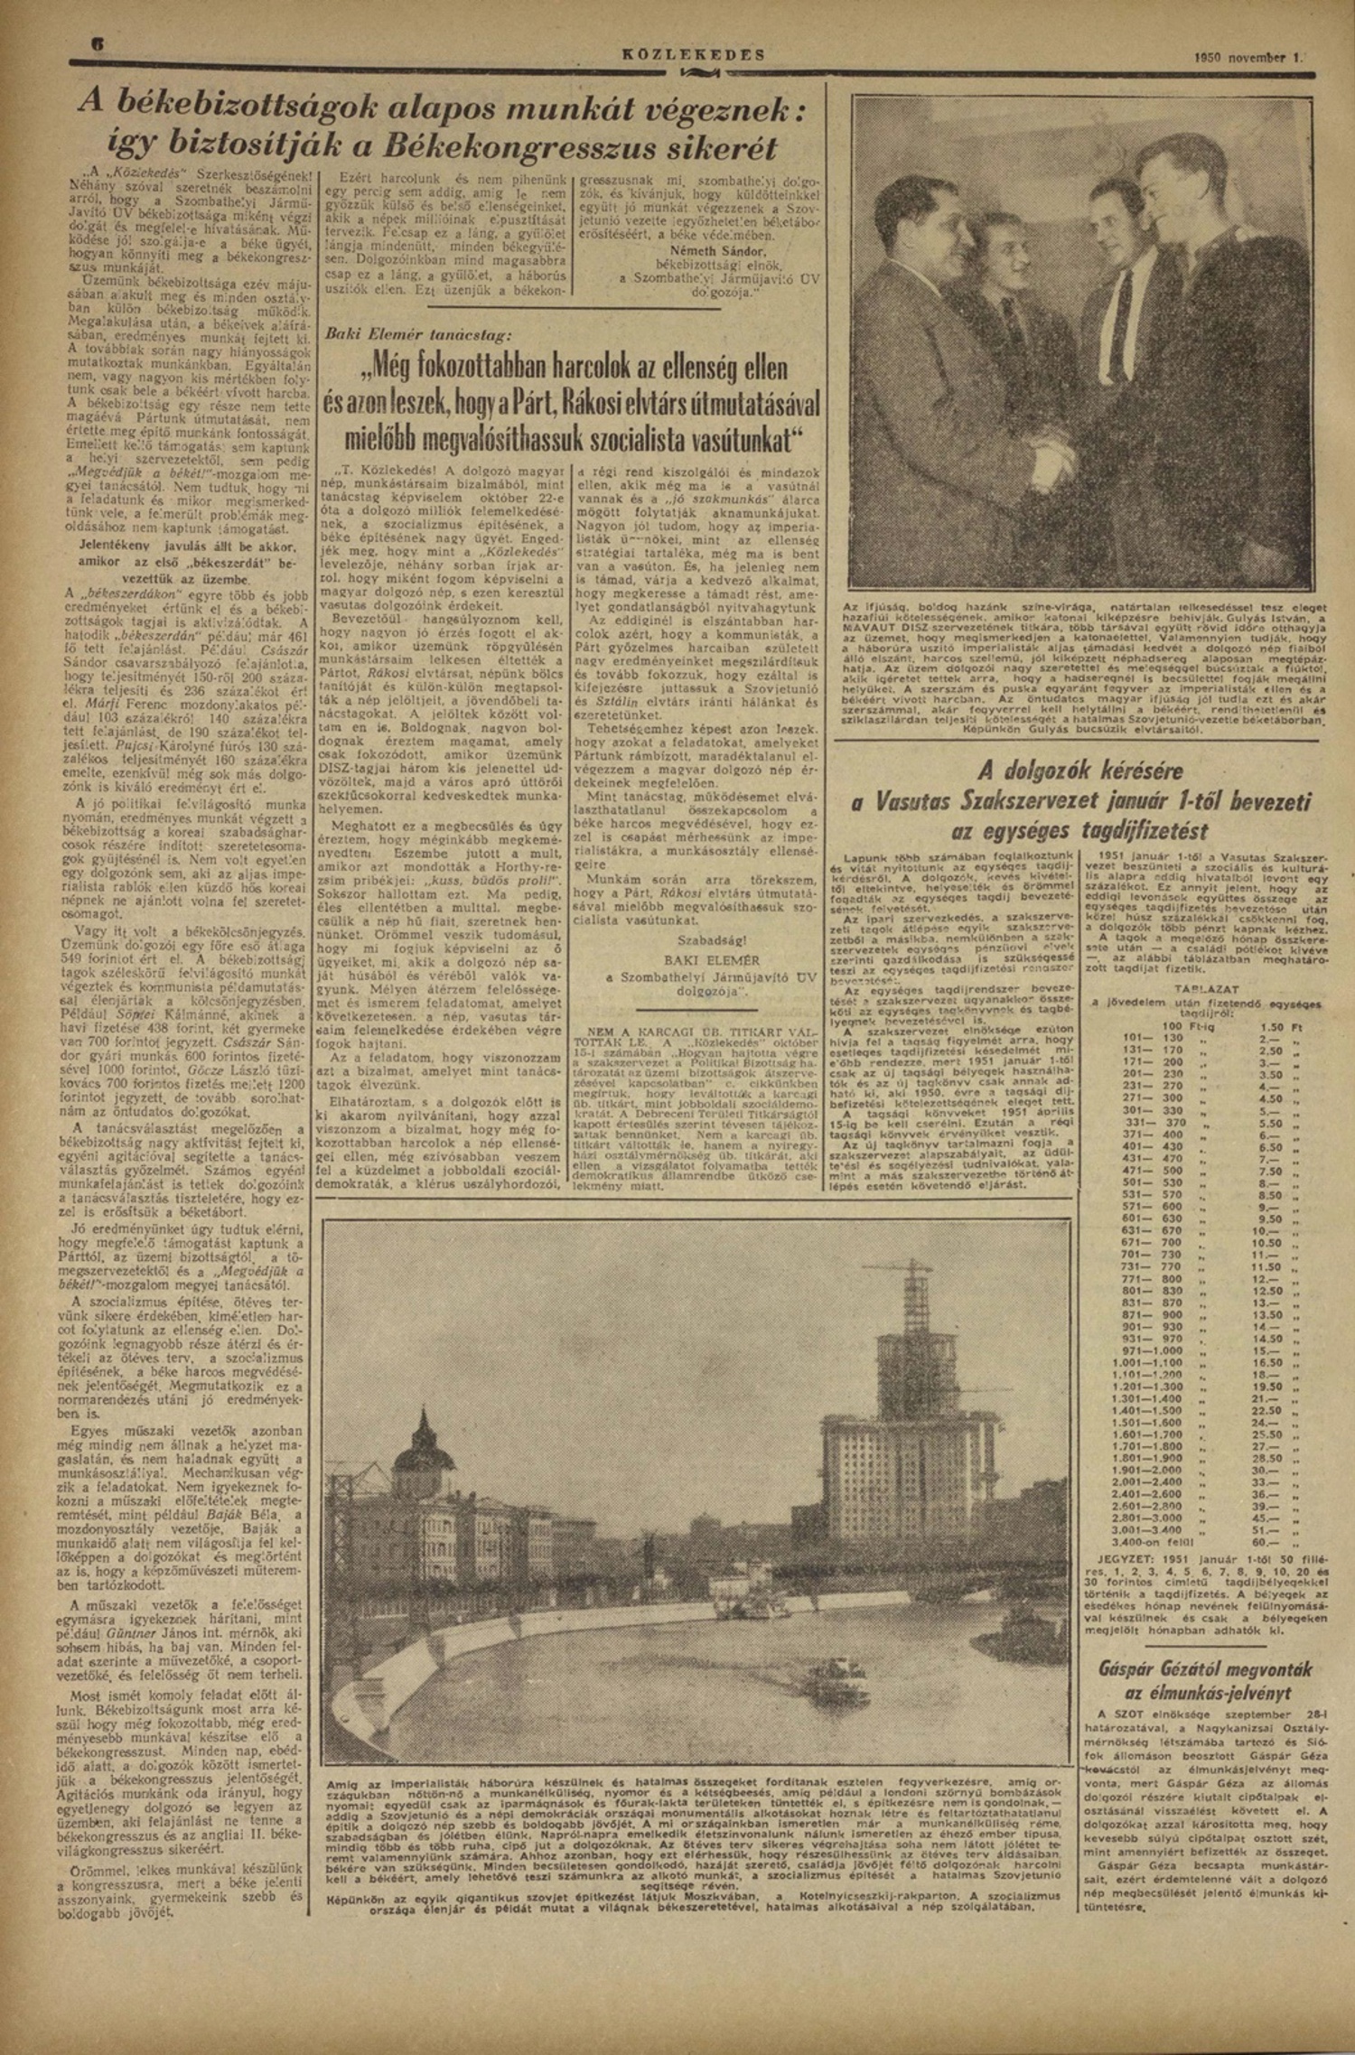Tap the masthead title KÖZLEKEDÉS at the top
coord(694,54)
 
